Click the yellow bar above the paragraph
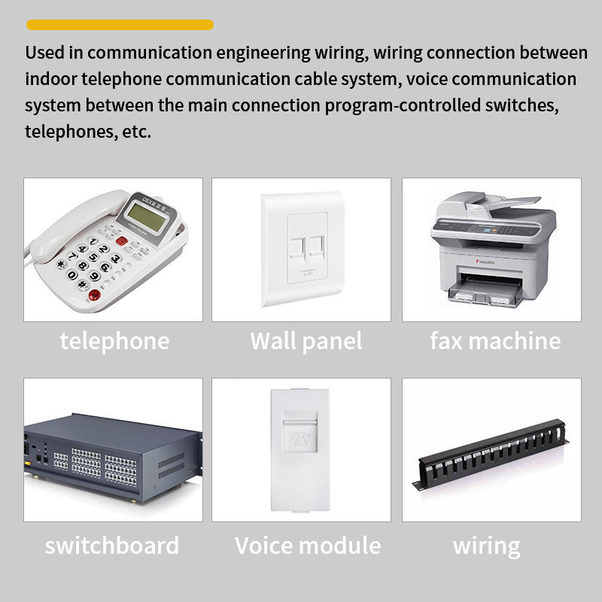pos(120,25)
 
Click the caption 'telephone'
pos(114,341)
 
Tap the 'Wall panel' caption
pos(306,341)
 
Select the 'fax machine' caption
pos(495,341)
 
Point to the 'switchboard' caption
pos(112,545)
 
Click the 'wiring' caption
pos(486,545)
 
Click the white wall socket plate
pos(302,248)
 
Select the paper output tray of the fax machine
pos(485,290)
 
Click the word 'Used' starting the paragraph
pos(44,53)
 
